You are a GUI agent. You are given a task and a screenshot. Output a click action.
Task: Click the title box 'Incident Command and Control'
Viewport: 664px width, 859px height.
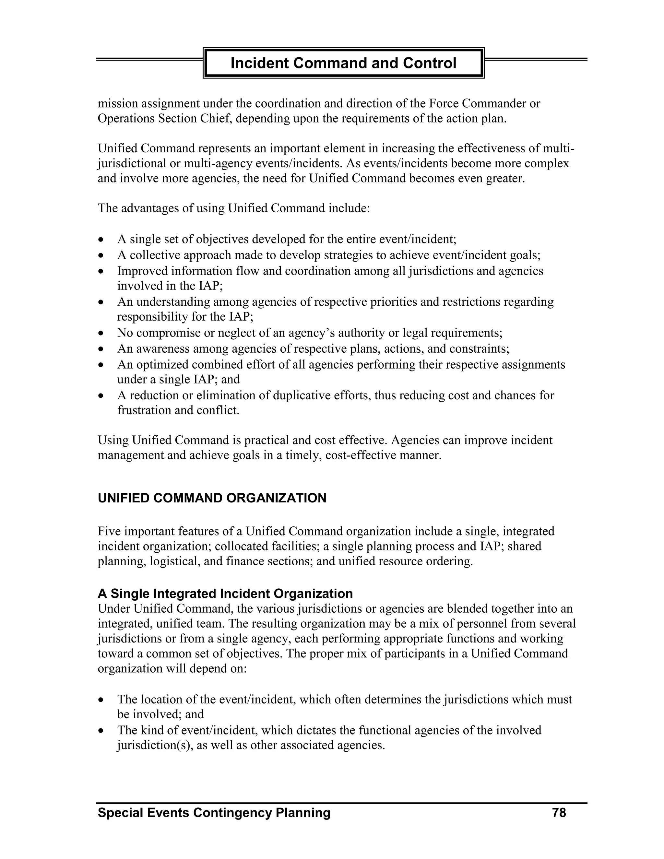coord(343,63)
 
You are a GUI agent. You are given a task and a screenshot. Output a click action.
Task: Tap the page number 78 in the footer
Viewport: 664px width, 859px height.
coord(559,813)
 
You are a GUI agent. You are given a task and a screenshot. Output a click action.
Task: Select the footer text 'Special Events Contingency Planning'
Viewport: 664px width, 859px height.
coord(214,813)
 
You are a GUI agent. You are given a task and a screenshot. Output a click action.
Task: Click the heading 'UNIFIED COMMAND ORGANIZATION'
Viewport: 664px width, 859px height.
coord(212,498)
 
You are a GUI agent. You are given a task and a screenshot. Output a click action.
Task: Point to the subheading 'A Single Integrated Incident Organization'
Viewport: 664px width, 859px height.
coord(225,593)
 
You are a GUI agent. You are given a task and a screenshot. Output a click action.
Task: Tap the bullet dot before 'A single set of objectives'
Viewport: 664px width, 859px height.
coord(101,240)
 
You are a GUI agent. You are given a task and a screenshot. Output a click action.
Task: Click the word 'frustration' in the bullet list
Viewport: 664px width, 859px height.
coord(144,410)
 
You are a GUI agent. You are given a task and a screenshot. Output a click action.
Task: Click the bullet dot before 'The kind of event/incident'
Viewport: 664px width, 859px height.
coord(101,731)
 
